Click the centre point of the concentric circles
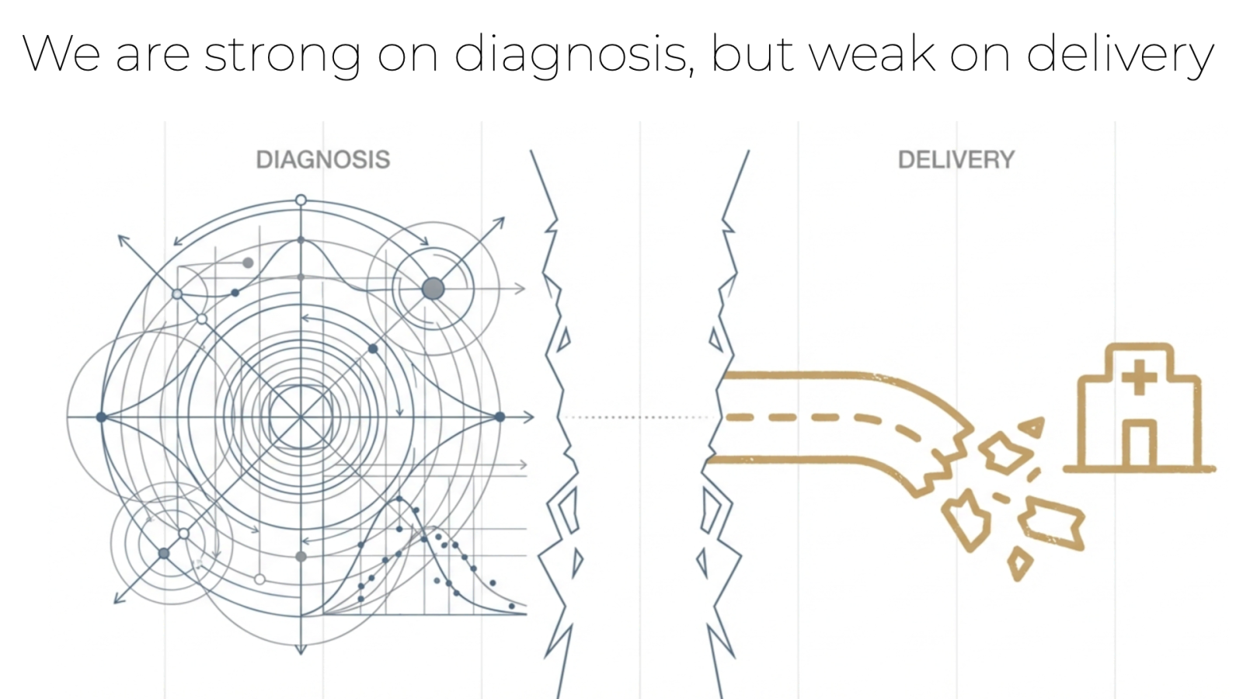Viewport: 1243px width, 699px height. tap(301, 416)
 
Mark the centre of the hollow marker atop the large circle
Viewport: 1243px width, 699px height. tap(301, 200)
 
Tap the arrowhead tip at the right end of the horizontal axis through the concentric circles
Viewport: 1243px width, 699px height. tap(534, 416)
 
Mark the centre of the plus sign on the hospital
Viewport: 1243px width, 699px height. tap(1139, 377)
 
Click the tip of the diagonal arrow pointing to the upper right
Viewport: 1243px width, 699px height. tap(504, 217)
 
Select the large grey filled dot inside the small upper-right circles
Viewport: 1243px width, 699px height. tap(433, 288)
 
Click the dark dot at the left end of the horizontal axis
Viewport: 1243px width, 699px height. tap(101, 416)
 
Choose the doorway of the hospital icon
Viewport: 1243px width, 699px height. tap(1139, 443)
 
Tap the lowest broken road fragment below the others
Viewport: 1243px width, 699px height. tap(1020, 564)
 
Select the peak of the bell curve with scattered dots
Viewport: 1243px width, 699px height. tap(399, 499)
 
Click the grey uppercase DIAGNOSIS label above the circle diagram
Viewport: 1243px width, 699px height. tap(323, 160)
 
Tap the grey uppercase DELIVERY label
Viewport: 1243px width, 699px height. tap(956, 160)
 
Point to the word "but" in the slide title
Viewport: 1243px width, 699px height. tap(753, 54)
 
